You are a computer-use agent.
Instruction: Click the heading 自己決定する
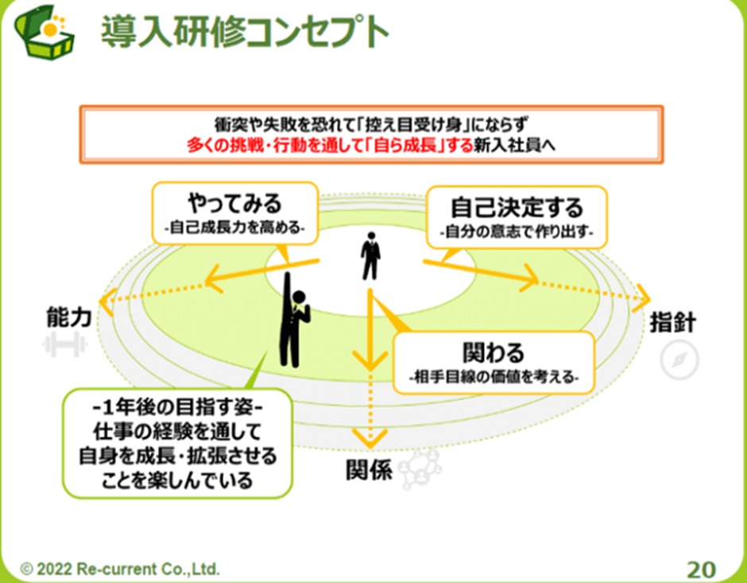pyautogui.click(x=517, y=208)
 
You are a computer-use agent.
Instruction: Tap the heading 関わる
pyautogui.click(x=494, y=353)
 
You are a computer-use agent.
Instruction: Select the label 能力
pyautogui.click(x=68, y=318)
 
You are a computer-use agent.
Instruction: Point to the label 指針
pyautogui.click(x=673, y=322)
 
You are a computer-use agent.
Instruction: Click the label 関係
pyautogui.click(x=369, y=470)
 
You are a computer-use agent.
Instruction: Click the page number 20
pyautogui.click(x=702, y=569)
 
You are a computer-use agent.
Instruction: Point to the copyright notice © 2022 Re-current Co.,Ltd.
pyautogui.click(x=120, y=569)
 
